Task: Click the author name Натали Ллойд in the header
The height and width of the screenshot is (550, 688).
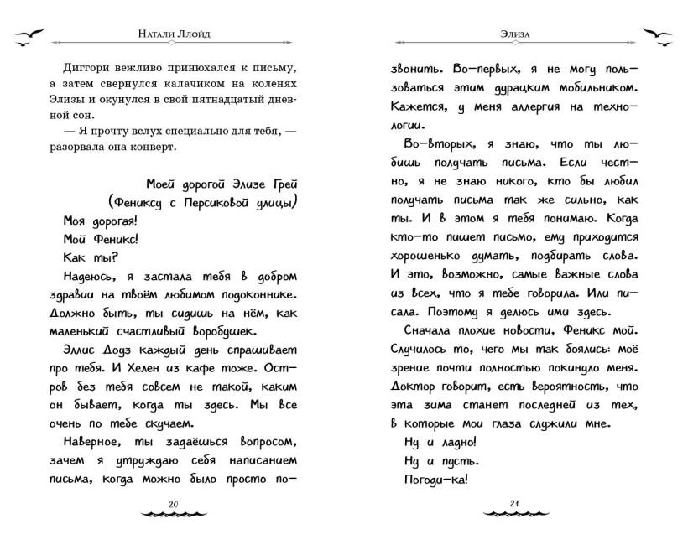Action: pos(173,37)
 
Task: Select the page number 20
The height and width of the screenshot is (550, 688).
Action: pos(174,503)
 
